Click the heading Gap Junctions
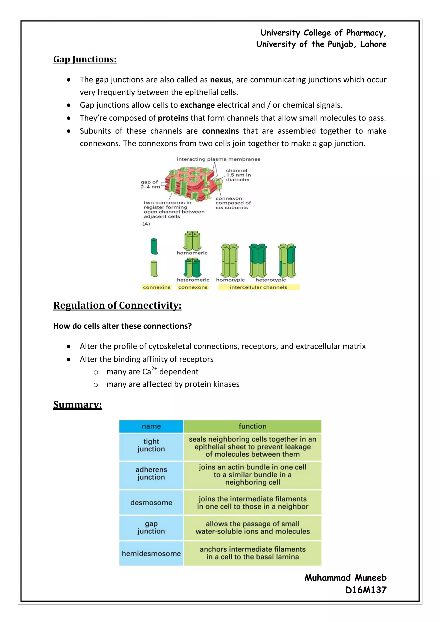click(x=85, y=59)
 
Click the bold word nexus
click(x=221, y=80)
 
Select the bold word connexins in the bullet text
click(x=220, y=131)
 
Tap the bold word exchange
click(x=197, y=105)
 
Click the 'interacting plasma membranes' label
click(x=218, y=159)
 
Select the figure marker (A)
click(x=146, y=224)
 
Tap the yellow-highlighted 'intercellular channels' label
click(x=258, y=287)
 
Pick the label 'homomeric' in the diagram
click(x=192, y=253)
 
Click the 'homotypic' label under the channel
click(x=230, y=280)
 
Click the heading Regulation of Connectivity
click(x=117, y=305)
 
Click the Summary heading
click(x=78, y=405)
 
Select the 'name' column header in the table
click(x=151, y=426)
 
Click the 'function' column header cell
click(x=252, y=426)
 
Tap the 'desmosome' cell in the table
click(x=151, y=503)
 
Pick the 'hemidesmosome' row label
click(x=151, y=553)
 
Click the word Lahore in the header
click(x=373, y=44)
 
